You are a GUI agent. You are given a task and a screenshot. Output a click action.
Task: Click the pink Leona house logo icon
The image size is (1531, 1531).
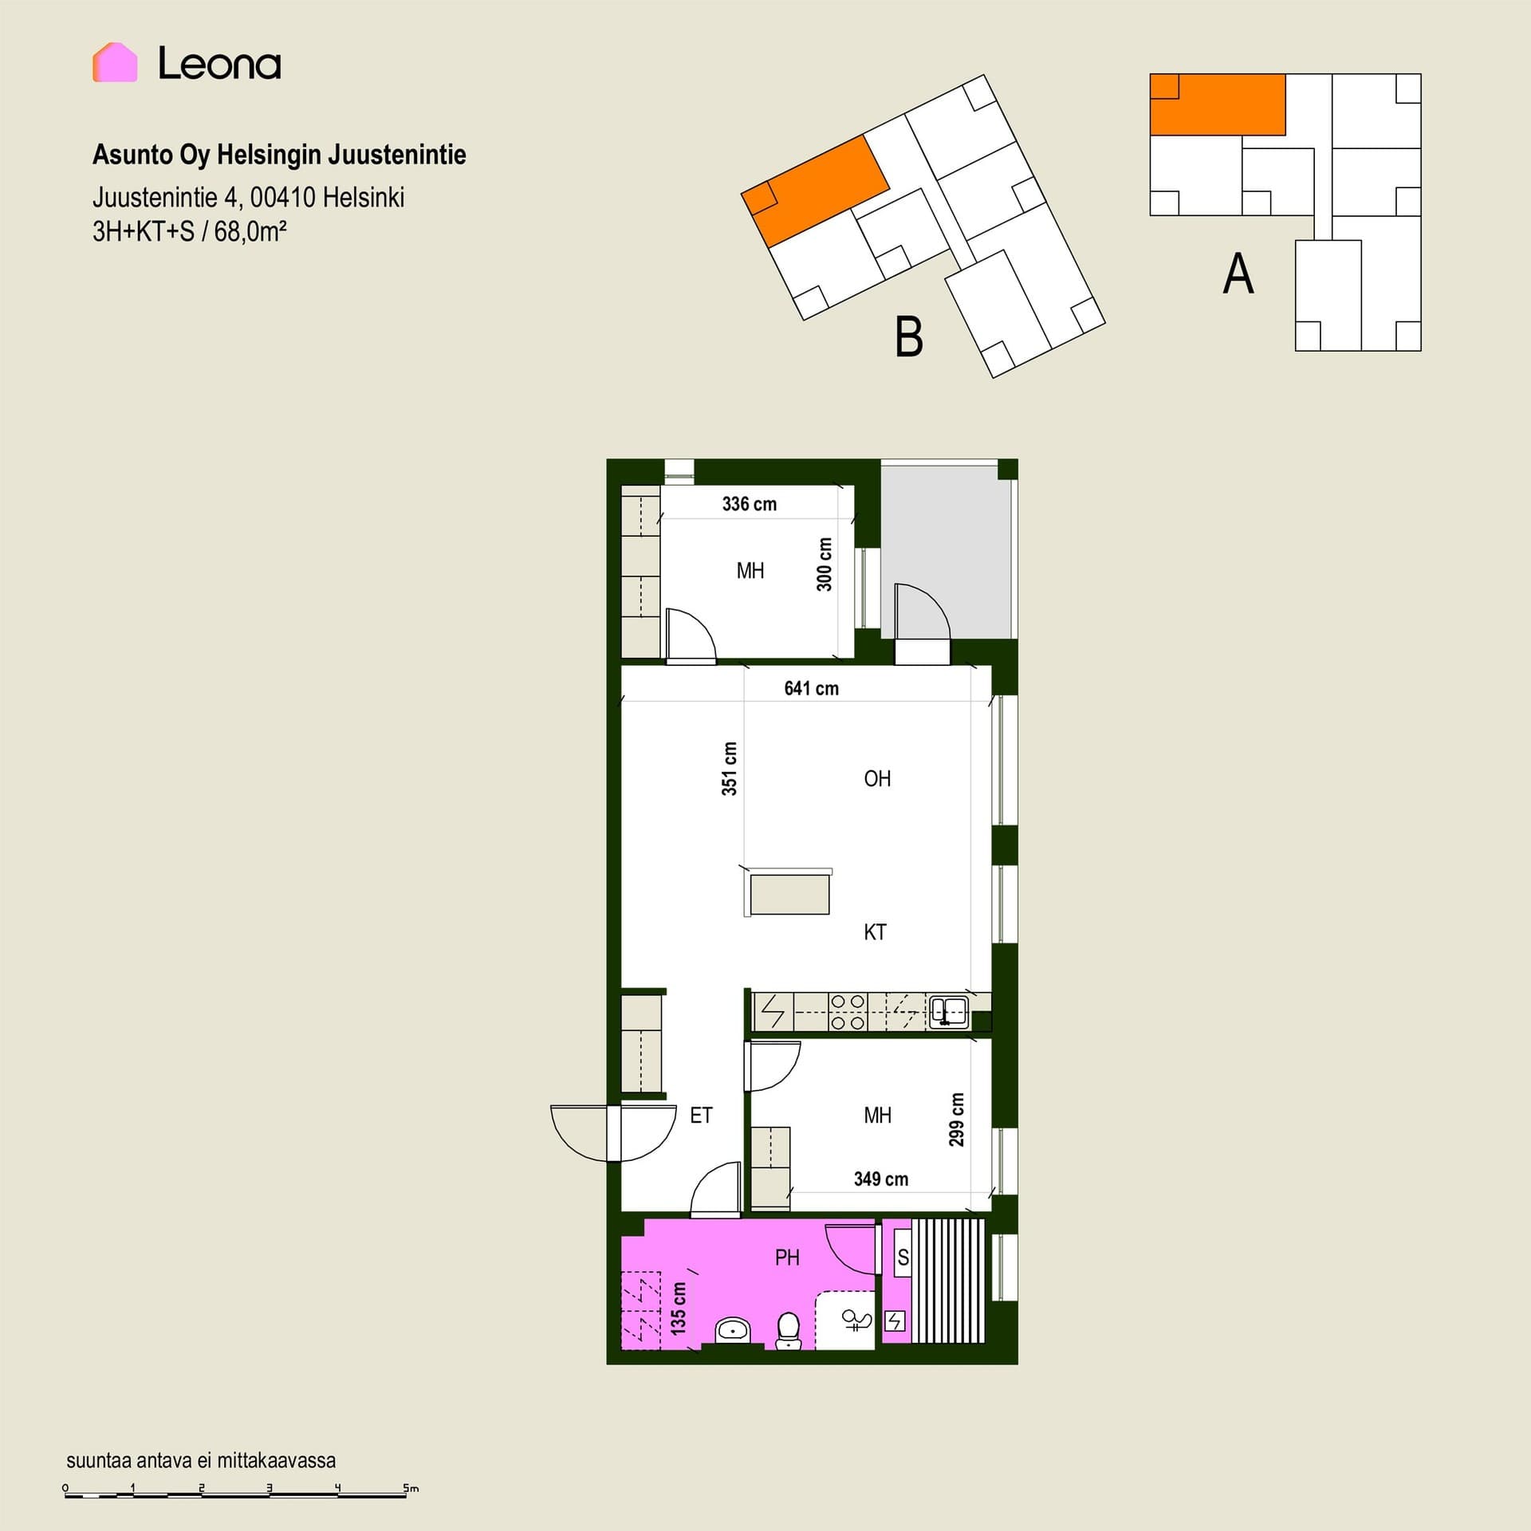115,62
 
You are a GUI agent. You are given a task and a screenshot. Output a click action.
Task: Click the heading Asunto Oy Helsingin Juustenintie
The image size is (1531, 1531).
279,155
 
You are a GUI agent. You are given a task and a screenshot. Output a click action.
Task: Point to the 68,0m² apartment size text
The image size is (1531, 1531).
250,231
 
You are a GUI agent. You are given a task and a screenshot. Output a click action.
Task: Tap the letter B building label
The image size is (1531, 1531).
909,337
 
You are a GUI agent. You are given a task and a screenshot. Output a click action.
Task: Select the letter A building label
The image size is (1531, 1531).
1238,274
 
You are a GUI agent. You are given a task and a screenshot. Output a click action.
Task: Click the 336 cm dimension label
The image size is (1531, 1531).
750,504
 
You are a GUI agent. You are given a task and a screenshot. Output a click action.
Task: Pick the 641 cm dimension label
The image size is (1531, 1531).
812,688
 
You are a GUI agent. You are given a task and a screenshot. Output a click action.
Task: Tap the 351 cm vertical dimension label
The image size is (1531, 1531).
730,769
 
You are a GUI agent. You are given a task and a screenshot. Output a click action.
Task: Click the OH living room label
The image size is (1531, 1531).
877,778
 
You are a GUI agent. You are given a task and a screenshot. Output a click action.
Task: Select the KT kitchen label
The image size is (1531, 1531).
875,932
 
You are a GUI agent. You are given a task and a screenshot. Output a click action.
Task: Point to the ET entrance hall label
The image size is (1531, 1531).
701,1116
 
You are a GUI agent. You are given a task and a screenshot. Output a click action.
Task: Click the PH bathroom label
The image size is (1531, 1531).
787,1257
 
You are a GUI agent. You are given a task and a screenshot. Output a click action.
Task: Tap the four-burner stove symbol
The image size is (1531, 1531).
848,1012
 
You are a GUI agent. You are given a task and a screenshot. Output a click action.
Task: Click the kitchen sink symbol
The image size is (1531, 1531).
949,1012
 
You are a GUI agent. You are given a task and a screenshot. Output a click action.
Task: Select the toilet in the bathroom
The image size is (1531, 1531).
789,1331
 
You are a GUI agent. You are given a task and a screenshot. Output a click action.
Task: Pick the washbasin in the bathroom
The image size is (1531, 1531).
732,1330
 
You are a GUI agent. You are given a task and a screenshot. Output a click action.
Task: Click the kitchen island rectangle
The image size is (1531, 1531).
789,893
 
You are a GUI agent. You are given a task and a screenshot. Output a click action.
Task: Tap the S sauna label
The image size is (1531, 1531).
903,1257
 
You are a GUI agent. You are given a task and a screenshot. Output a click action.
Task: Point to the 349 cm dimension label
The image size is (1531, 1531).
881,1179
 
